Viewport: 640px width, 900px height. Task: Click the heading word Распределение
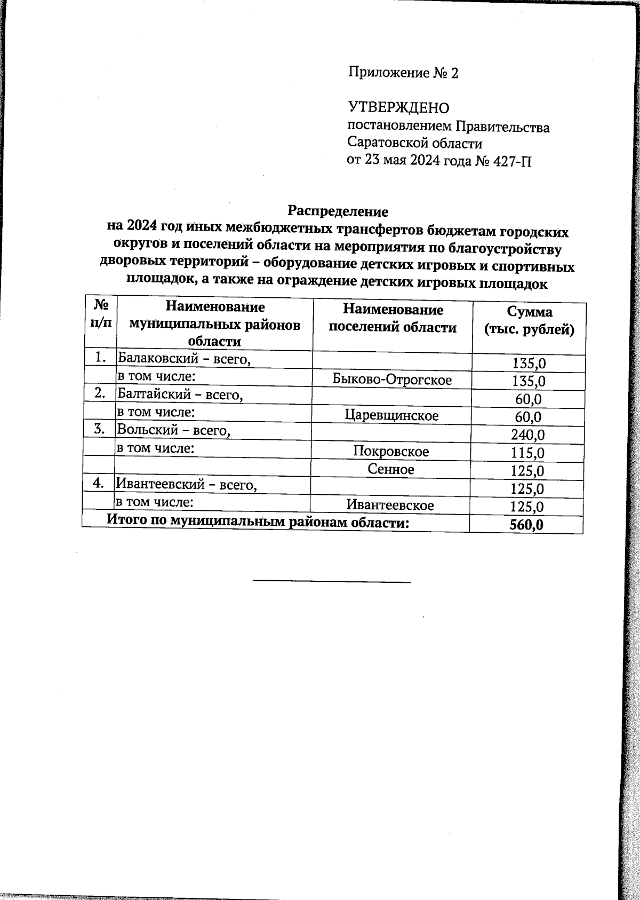pos(338,210)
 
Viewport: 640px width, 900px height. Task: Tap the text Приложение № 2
pos(403,73)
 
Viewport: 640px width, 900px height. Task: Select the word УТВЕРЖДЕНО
pos(399,108)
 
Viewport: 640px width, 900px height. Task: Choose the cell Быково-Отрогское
pos(392,380)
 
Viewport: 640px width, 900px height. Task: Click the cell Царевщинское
pos(391,415)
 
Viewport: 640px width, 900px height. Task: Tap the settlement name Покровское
pos(391,451)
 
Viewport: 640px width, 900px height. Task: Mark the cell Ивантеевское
pos(390,505)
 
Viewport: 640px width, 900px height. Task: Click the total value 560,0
pos(526,525)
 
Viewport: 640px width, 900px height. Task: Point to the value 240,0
pos(527,435)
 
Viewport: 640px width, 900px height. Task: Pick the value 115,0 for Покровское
pos(527,453)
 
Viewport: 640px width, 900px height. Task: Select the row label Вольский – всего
pos(174,430)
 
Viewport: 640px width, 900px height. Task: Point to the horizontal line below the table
pos(331,581)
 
